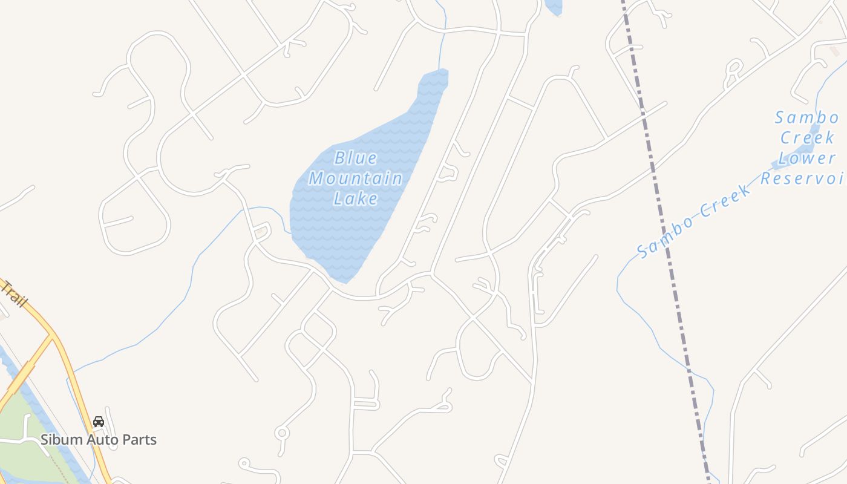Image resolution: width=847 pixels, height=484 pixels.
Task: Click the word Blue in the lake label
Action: pyautogui.click(x=356, y=159)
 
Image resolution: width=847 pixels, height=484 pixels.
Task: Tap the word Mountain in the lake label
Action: pyautogui.click(x=356, y=179)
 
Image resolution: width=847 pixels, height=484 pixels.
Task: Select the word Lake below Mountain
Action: pyautogui.click(x=356, y=199)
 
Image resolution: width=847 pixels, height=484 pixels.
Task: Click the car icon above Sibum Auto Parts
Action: pyautogui.click(x=99, y=422)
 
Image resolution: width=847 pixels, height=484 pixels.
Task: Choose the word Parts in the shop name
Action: pyautogui.click(x=140, y=440)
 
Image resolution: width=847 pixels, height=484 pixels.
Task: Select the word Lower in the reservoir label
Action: pyautogui.click(x=806, y=159)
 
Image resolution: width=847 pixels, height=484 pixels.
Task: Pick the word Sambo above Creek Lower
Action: pyautogui.click(x=806, y=117)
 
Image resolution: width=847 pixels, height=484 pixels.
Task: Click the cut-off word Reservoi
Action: pyautogui.click(x=803, y=178)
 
